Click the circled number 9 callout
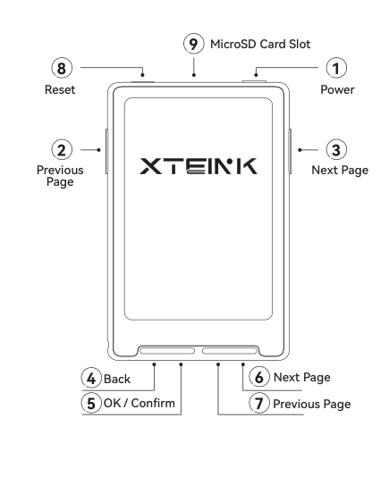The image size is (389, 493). tap(193, 44)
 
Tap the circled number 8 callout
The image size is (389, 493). tap(62, 68)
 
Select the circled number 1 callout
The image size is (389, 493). tap(336, 68)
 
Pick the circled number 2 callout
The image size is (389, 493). tap(62, 150)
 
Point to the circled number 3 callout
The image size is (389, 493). tap(336, 150)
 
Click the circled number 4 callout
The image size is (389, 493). tap(91, 378)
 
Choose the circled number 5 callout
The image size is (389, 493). tap(91, 403)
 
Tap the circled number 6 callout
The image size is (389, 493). tap(259, 377)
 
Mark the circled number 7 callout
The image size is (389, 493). tap(259, 403)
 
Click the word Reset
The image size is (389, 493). tap(60, 90)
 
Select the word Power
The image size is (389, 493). tap(337, 90)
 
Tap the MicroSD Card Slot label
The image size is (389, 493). tap(260, 44)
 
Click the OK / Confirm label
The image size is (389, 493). tap(140, 403)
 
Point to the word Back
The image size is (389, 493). tap(117, 380)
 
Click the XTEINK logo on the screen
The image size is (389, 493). tap(199, 166)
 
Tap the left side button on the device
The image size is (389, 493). tap(106, 151)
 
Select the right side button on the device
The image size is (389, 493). tap(290, 151)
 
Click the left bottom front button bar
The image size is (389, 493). tap(167, 351)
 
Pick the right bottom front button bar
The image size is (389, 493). tap(230, 351)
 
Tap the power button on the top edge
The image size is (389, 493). tap(254, 82)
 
